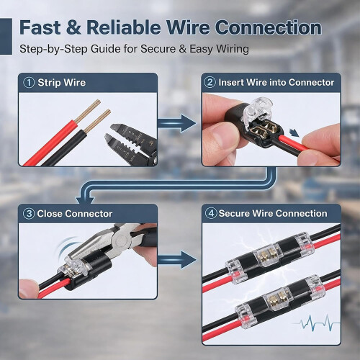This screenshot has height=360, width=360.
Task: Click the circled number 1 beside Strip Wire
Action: [29, 83]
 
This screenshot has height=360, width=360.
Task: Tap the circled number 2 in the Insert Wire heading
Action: [210, 82]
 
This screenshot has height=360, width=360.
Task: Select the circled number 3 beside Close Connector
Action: [29, 214]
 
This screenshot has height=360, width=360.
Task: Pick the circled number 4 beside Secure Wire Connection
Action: [211, 213]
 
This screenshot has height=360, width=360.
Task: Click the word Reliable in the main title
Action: [124, 27]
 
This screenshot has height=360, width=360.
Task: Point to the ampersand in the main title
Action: [73, 27]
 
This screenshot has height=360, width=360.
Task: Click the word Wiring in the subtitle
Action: [233, 50]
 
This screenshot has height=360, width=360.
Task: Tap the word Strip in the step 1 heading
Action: [49, 83]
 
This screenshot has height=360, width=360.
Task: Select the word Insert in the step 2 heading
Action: [231, 82]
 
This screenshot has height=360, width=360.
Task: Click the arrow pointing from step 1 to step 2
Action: [177, 123]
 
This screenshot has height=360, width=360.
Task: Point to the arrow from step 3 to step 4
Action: [177, 260]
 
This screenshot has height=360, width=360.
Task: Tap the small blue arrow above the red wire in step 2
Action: [294, 132]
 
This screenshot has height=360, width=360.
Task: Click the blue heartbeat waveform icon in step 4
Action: [318, 323]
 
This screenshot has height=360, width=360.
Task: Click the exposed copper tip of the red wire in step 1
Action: [87, 111]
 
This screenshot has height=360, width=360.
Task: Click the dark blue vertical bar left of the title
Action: [6, 36]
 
